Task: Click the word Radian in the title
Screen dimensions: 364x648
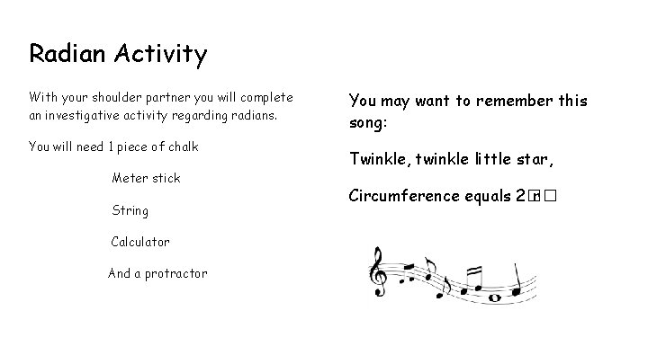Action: pos(68,54)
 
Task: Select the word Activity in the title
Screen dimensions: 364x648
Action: pos(161,56)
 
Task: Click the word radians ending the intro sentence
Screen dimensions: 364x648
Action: pos(254,115)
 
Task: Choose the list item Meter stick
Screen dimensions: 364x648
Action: pos(146,178)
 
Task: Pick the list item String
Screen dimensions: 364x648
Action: pos(130,211)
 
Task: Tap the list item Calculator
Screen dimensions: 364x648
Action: pos(139,242)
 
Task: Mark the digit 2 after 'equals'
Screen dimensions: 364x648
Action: pos(520,196)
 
